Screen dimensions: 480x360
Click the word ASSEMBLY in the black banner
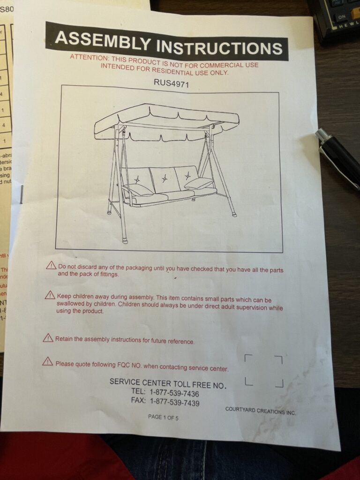(x=102, y=40)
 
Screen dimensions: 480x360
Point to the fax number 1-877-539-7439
(x=175, y=402)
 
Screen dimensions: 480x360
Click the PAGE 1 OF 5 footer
(x=163, y=417)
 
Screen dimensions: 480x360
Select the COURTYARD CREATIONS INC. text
(x=261, y=411)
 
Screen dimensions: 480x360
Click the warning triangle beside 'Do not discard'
(x=51, y=266)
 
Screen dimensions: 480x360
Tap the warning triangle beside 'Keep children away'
(x=50, y=295)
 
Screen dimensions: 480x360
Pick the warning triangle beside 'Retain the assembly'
(x=48, y=337)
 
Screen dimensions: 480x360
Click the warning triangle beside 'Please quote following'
(x=48, y=361)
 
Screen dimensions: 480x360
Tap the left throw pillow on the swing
(x=138, y=189)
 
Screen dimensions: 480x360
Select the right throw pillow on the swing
(x=199, y=183)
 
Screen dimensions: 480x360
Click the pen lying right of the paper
(x=338, y=157)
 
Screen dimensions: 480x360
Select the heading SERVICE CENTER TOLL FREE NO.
(x=168, y=383)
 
